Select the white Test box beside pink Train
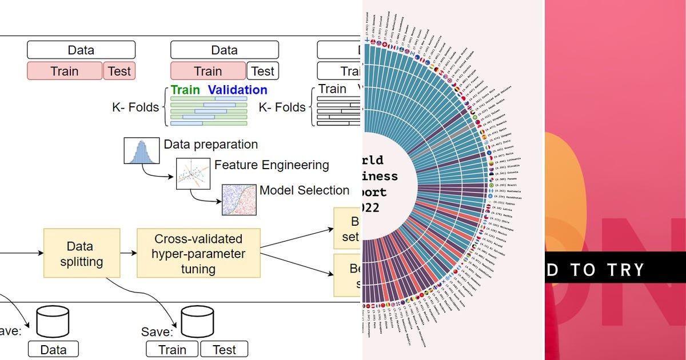click(x=263, y=71)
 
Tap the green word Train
click(x=185, y=90)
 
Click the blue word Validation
click(x=237, y=90)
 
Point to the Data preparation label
click(x=210, y=145)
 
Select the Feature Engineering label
click(x=272, y=165)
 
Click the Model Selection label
click(x=304, y=190)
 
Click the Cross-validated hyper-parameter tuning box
click(x=198, y=253)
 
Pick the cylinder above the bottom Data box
click(x=53, y=322)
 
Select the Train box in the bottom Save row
click(x=172, y=349)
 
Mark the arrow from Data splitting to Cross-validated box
click(x=129, y=253)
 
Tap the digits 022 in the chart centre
click(x=370, y=208)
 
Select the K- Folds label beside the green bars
click(x=135, y=107)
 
